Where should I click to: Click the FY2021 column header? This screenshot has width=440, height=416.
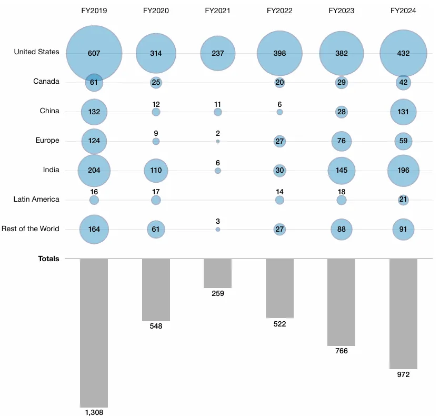point(217,11)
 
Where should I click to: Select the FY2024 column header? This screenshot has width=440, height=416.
point(403,11)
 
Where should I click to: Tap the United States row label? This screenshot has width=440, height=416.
point(36,52)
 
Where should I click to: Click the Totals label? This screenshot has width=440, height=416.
point(48,259)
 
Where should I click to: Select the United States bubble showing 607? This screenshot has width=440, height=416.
point(94,53)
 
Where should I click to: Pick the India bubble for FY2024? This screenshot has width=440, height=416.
point(403,171)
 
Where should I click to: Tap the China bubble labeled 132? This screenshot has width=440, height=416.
point(94,112)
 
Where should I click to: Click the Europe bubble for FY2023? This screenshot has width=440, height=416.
point(341,141)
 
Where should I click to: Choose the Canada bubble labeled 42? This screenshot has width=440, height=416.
point(403,83)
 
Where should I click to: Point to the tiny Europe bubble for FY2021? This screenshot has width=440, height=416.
point(218,142)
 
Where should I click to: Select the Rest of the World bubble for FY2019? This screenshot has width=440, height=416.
point(94,230)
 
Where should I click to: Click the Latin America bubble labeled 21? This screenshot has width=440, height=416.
point(403,200)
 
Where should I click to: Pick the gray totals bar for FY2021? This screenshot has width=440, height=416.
point(217,273)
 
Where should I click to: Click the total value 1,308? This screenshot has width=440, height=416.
point(94,412)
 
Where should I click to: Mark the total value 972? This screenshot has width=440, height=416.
point(403,374)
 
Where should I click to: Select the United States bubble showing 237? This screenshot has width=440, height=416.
point(217,53)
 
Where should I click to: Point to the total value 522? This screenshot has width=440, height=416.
point(279,324)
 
